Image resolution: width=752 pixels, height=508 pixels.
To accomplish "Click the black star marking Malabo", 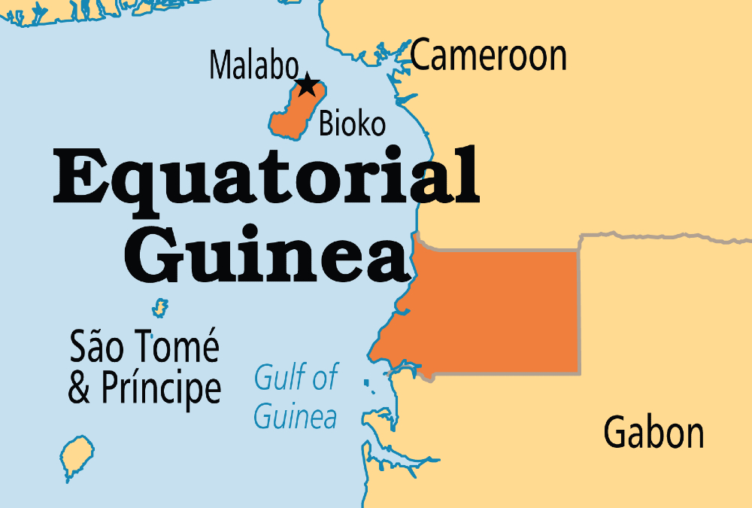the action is [x=306, y=84].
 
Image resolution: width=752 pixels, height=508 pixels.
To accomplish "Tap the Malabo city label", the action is [x=254, y=65].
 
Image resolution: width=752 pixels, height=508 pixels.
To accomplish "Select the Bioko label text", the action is [x=352, y=123].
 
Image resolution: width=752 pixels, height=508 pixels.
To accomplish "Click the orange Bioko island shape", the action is [x=293, y=113].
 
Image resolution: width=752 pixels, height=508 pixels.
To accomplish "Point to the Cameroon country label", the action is [x=489, y=56].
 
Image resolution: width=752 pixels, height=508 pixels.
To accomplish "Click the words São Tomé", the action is [x=144, y=347].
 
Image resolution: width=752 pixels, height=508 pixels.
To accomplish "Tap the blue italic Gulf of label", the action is [x=296, y=376].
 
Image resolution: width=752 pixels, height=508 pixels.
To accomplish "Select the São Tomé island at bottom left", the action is [x=73, y=455].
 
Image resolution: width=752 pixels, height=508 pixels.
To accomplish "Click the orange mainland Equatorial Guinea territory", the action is [x=496, y=312].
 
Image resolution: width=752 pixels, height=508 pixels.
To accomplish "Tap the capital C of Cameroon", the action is [x=424, y=56].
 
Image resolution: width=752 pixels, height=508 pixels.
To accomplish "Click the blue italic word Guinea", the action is [x=295, y=415].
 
